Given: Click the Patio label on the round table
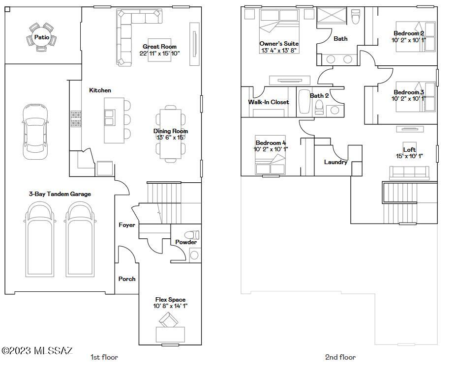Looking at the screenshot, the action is point(42,37).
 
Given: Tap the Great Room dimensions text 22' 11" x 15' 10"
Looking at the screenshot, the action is point(160,54).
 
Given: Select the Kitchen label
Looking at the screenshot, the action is point(100,90).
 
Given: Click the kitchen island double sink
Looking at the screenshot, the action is point(109,117).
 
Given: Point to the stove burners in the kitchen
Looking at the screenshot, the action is point(76,119).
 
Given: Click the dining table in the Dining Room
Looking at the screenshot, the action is point(170,134).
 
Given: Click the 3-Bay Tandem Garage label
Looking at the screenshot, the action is point(60,194).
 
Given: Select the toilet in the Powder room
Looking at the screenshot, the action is point(192,235).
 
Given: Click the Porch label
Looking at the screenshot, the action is point(127,279).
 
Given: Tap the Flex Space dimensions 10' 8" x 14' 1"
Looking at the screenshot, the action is point(170,306).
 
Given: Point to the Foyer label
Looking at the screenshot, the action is point(127,225).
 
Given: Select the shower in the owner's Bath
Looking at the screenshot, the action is point(332,15).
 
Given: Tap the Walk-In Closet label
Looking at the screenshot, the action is point(269,102).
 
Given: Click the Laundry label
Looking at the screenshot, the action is point(335,162).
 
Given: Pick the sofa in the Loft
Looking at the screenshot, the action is point(409,172).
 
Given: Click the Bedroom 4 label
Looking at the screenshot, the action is point(271,143).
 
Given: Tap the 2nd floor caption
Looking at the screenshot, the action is point(340,357).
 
